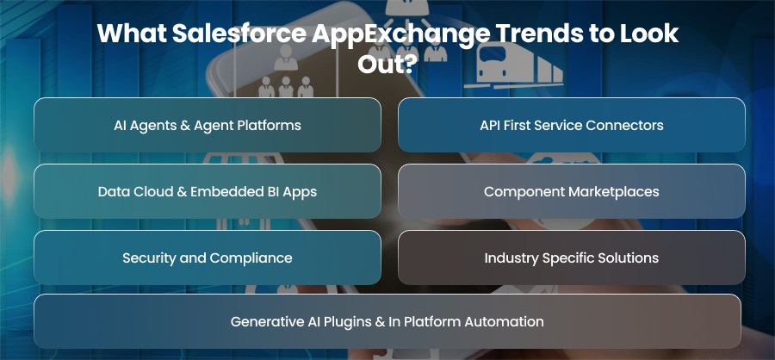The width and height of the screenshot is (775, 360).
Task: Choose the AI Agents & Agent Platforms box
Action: point(208,125)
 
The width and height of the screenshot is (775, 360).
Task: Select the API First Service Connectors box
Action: point(572,125)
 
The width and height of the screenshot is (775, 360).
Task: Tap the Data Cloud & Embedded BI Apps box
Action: point(208,191)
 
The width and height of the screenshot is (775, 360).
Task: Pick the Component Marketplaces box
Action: point(572,191)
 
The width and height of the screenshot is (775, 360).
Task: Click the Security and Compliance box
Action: point(208,258)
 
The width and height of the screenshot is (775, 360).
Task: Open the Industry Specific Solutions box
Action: point(572,258)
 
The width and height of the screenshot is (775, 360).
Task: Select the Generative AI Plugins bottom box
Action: point(387,321)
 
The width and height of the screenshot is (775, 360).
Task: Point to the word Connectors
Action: point(624,125)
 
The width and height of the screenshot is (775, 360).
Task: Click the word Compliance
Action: point(251,258)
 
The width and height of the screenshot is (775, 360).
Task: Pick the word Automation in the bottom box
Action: point(504,321)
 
